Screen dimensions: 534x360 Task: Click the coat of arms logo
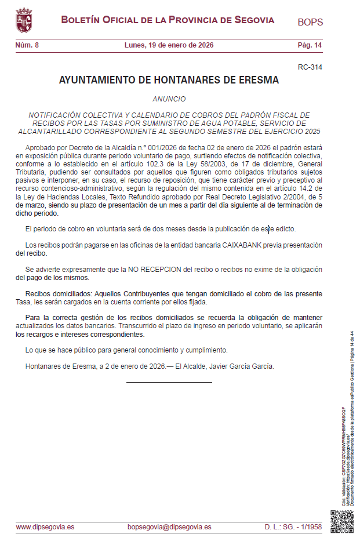(24, 21)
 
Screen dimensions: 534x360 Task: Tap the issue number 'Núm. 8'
(27, 45)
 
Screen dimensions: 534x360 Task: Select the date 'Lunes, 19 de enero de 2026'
(169, 45)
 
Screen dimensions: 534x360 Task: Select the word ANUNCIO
(169, 99)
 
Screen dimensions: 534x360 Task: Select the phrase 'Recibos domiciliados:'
(59, 294)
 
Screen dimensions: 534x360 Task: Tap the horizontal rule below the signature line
(169, 382)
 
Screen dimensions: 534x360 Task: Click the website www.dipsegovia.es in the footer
(45, 527)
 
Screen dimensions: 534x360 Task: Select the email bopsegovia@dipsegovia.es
(169, 527)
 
